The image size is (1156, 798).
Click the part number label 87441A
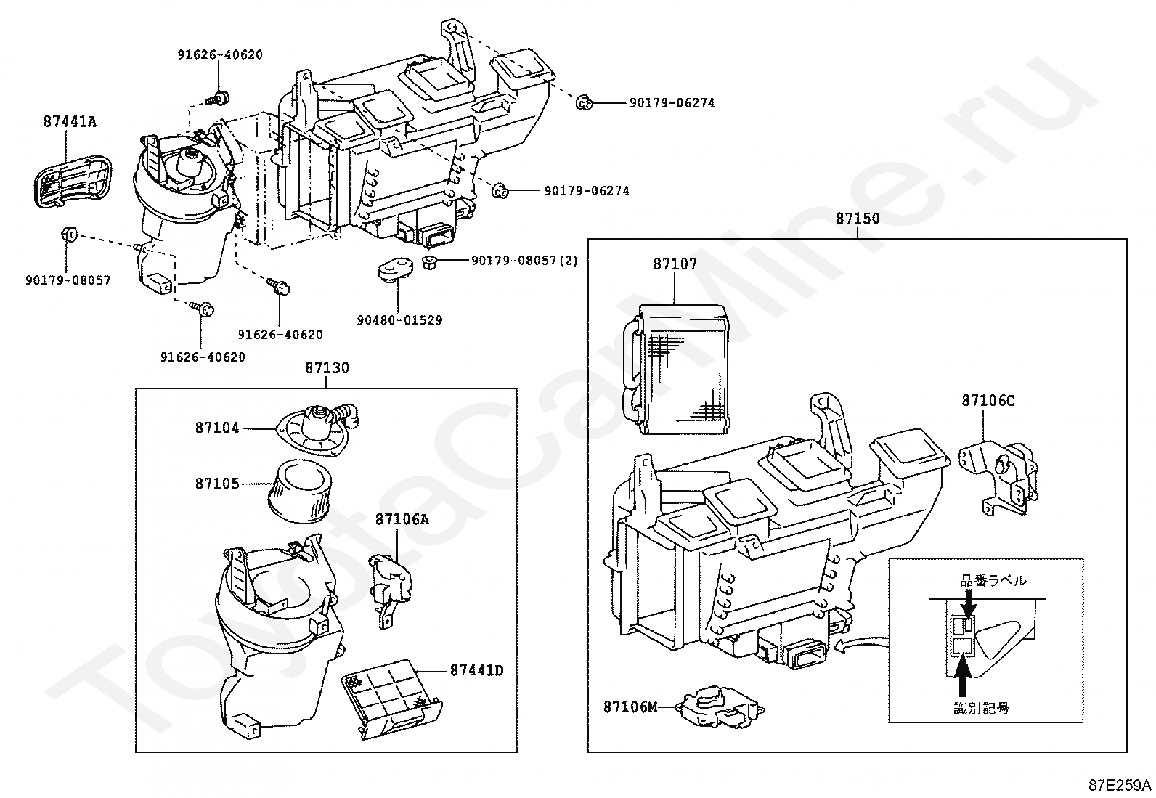coord(70,122)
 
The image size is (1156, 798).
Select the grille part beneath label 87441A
coord(73,181)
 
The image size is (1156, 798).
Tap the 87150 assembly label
coord(857,219)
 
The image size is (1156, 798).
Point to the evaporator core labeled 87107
coord(676,369)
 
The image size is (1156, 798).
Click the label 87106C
coord(988,401)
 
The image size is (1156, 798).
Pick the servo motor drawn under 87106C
coord(998,478)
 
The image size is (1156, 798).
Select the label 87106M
coord(630,707)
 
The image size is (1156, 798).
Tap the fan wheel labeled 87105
coord(300,490)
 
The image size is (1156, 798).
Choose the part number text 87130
coord(327,368)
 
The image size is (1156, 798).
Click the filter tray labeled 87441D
coord(392,699)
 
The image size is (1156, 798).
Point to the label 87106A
coord(402,519)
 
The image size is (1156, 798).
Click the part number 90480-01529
coord(399,320)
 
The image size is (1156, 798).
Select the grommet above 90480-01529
coord(395,270)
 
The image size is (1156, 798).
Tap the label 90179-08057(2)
coord(524,261)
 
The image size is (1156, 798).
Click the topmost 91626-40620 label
coord(220,54)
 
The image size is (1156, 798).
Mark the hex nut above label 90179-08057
coord(69,234)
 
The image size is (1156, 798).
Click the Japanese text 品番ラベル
coord(993,581)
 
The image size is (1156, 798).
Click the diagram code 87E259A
coord(1120,785)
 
